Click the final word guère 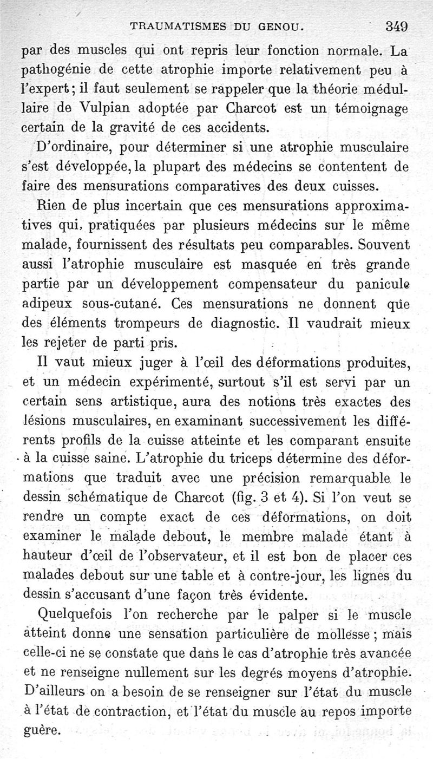coord(43,730)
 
